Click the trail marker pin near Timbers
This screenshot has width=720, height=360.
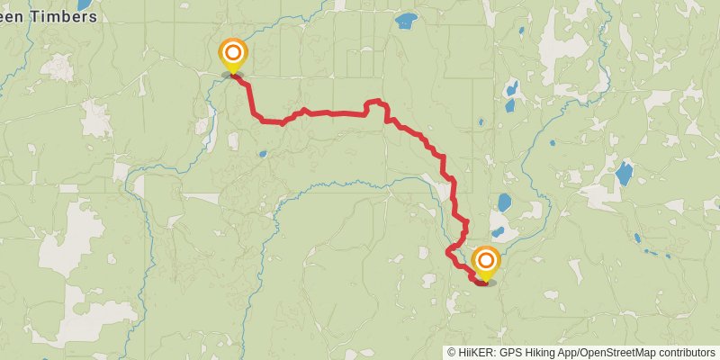click(x=233, y=54)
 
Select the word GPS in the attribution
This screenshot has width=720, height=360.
click(x=511, y=353)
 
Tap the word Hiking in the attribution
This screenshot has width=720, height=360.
click(x=543, y=353)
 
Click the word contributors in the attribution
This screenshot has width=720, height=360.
click(x=686, y=353)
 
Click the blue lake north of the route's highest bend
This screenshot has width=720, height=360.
click(x=407, y=19)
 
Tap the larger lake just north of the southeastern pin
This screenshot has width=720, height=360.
click(x=504, y=202)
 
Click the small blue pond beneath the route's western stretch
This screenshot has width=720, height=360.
click(x=262, y=154)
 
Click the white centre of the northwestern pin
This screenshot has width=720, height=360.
click(x=233, y=51)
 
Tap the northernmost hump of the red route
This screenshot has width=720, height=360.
click(x=375, y=101)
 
